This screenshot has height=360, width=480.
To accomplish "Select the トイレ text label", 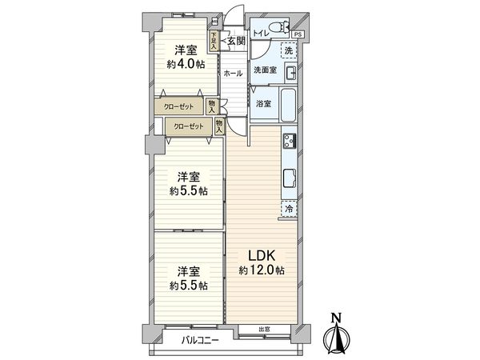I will [260, 34].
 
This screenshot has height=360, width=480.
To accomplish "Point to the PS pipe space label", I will [298, 35].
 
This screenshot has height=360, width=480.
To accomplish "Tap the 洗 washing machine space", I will [288, 50].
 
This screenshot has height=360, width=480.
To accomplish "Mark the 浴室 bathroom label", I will [262, 103].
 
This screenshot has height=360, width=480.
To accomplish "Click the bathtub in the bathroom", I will [288, 104].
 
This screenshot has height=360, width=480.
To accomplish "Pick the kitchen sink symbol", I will [289, 177].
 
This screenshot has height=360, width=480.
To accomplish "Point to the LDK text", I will [261, 255].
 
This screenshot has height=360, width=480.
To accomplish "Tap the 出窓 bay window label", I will [263, 330].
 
